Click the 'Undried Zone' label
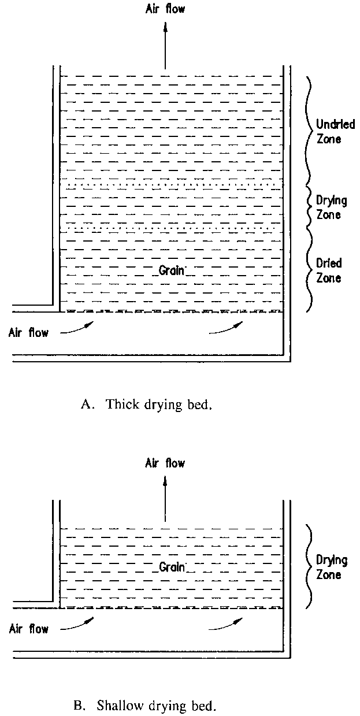click(335, 131)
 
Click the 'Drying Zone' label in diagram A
click(331, 207)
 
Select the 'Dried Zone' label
click(329, 270)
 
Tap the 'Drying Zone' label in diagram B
click(331, 567)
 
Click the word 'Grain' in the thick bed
click(172, 270)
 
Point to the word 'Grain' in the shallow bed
click(172, 567)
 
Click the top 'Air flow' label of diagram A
click(165, 8)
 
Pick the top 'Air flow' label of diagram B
click(165, 463)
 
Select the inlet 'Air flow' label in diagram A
click(29, 332)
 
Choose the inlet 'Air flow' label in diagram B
click(29, 629)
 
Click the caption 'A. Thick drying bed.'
click(147, 404)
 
